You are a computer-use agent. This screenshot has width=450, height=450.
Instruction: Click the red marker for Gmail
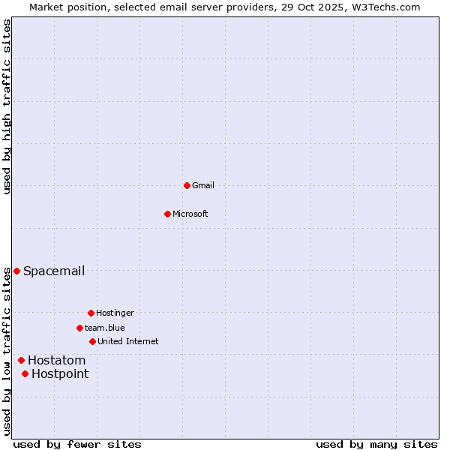pos(187,185)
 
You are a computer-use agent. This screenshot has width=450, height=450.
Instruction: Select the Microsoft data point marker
pos(167,214)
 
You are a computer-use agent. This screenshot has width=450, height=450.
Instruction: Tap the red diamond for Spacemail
pos(16,271)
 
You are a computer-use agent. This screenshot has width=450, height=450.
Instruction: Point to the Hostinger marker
pos(91,313)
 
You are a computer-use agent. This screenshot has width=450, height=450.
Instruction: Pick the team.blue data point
pos(79,328)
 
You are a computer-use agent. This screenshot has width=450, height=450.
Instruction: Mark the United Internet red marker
pos(92,341)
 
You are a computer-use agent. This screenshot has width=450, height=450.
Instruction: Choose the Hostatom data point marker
pos(21,360)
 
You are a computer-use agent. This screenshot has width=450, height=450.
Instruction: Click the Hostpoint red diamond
pos(25,373)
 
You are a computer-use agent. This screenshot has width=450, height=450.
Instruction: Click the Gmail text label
pos(203,185)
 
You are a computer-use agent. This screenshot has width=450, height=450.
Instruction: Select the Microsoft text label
pos(190,214)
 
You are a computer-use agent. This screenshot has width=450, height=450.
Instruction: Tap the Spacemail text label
pos(54,271)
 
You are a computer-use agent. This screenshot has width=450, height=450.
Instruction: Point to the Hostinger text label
pos(115,313)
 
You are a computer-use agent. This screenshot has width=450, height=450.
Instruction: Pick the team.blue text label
pos(105,328)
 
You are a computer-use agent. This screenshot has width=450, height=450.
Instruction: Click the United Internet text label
pos(128,341)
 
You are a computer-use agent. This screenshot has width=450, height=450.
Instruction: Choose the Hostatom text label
pos(57,360)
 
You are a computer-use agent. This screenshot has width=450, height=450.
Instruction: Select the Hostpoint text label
pos(60,373)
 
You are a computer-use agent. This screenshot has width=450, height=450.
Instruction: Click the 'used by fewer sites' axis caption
pos(77,444)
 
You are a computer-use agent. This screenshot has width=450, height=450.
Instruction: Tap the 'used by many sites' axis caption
pos(376,444)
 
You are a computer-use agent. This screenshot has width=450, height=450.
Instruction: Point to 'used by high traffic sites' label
pos(7,106)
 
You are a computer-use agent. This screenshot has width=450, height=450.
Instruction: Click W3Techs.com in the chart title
pos(387,7)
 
